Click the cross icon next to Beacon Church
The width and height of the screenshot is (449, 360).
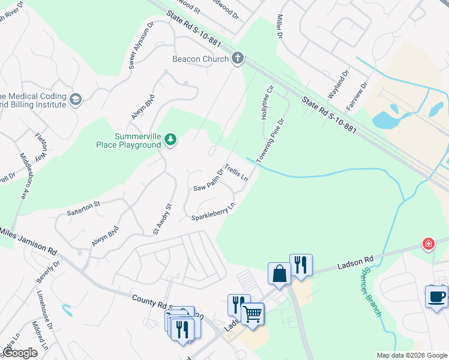point(238,58)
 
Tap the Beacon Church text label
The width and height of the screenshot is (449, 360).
point(200,59)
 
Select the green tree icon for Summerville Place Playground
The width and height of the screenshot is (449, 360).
point(170,140)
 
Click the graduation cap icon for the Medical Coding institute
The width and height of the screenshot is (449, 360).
point(76,100)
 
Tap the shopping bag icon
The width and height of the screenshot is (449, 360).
point(279,273)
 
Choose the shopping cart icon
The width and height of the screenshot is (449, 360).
point(252,313)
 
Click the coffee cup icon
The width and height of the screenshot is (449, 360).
point(436,296)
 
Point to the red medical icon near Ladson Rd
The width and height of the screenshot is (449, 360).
point(428,243)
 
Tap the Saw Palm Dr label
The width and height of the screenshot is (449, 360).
point(208,179)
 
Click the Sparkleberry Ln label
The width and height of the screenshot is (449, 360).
point(212,214)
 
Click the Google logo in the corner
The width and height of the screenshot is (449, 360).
point(20,353)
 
